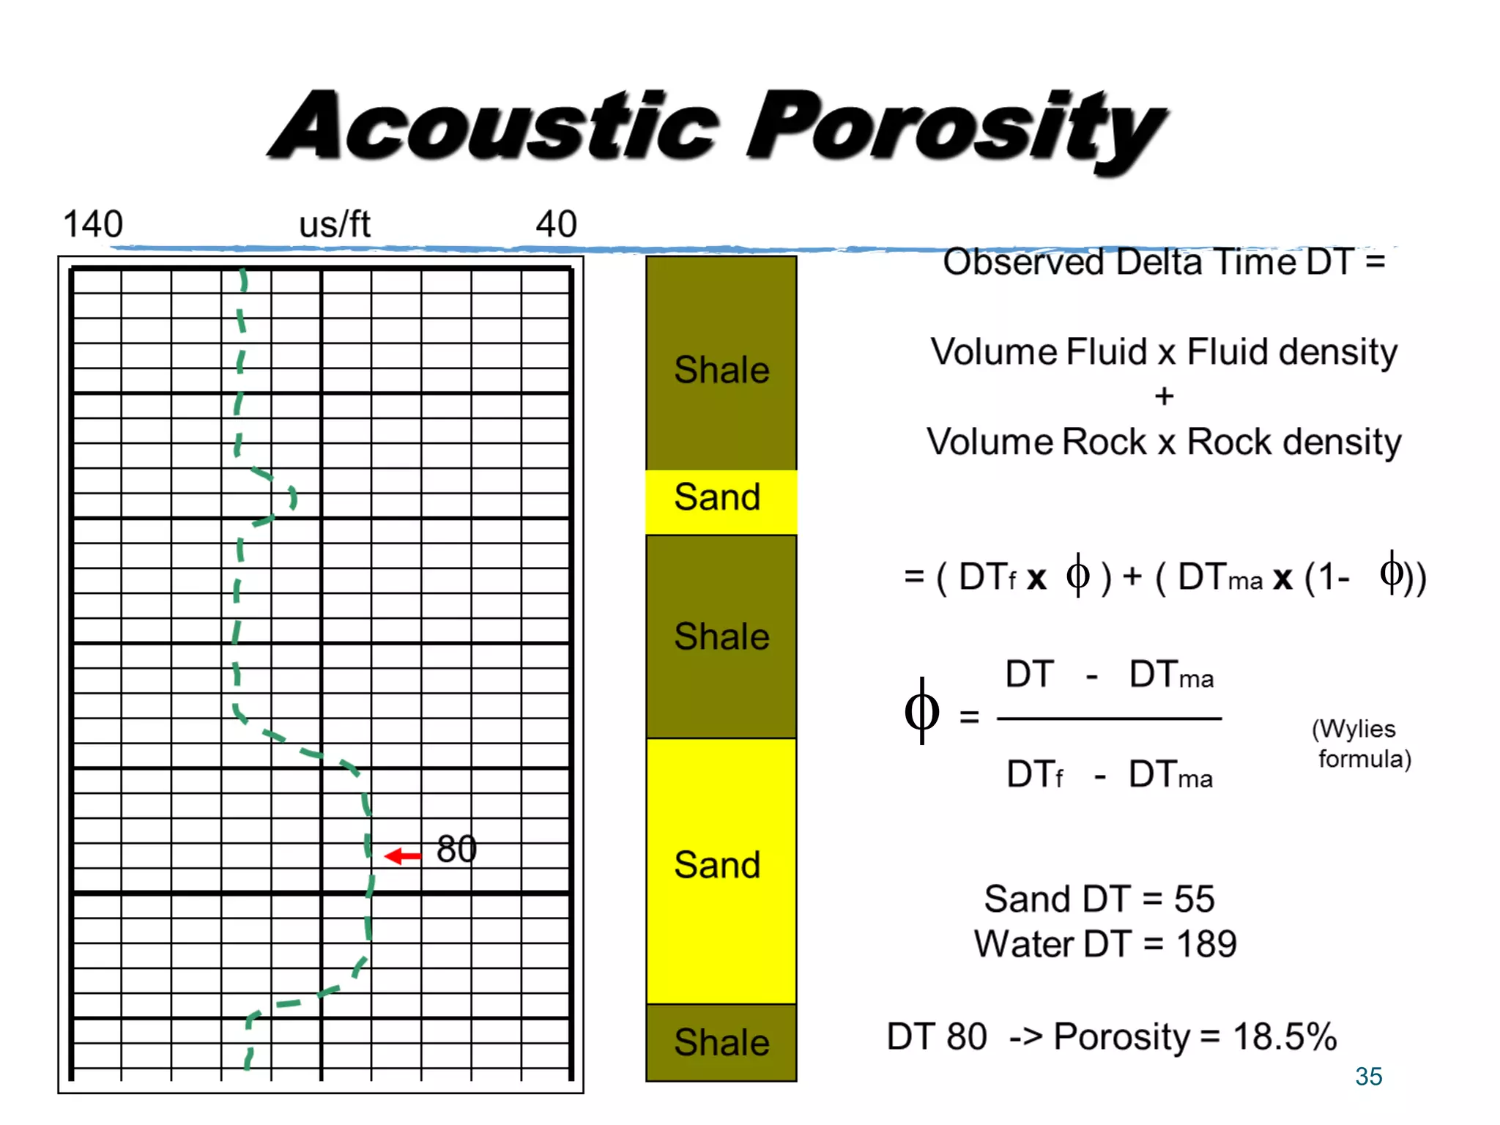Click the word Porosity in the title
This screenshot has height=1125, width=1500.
tap(952, 128)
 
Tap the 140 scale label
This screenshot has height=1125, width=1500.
tap(93, 224)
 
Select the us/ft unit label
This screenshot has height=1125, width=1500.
tap(335, 224)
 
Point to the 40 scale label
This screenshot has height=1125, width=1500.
tap(556, 224)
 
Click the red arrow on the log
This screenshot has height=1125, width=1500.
tap(403, 855)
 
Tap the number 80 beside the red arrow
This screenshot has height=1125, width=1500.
tap(456, 850)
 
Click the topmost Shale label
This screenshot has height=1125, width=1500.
tap(721, 370)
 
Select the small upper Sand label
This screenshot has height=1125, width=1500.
tap(718, 497)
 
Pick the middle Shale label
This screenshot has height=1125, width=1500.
tap(721, 636)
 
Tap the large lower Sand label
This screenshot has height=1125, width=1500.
tap(718, 865)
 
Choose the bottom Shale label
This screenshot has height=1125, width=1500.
tap(721, 1042)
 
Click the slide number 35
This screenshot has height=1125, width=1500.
tap(1368, 1077)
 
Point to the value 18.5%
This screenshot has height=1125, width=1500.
tap(1285, 1037)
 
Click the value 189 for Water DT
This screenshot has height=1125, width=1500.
tap(1206, 944)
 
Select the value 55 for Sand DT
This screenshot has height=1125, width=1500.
tap(1194, 899)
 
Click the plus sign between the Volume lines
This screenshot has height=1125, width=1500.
tap(1164, 397)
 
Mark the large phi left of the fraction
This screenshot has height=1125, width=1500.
tap(921, 711)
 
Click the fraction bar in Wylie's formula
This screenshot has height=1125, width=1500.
tap(1109, 719)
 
